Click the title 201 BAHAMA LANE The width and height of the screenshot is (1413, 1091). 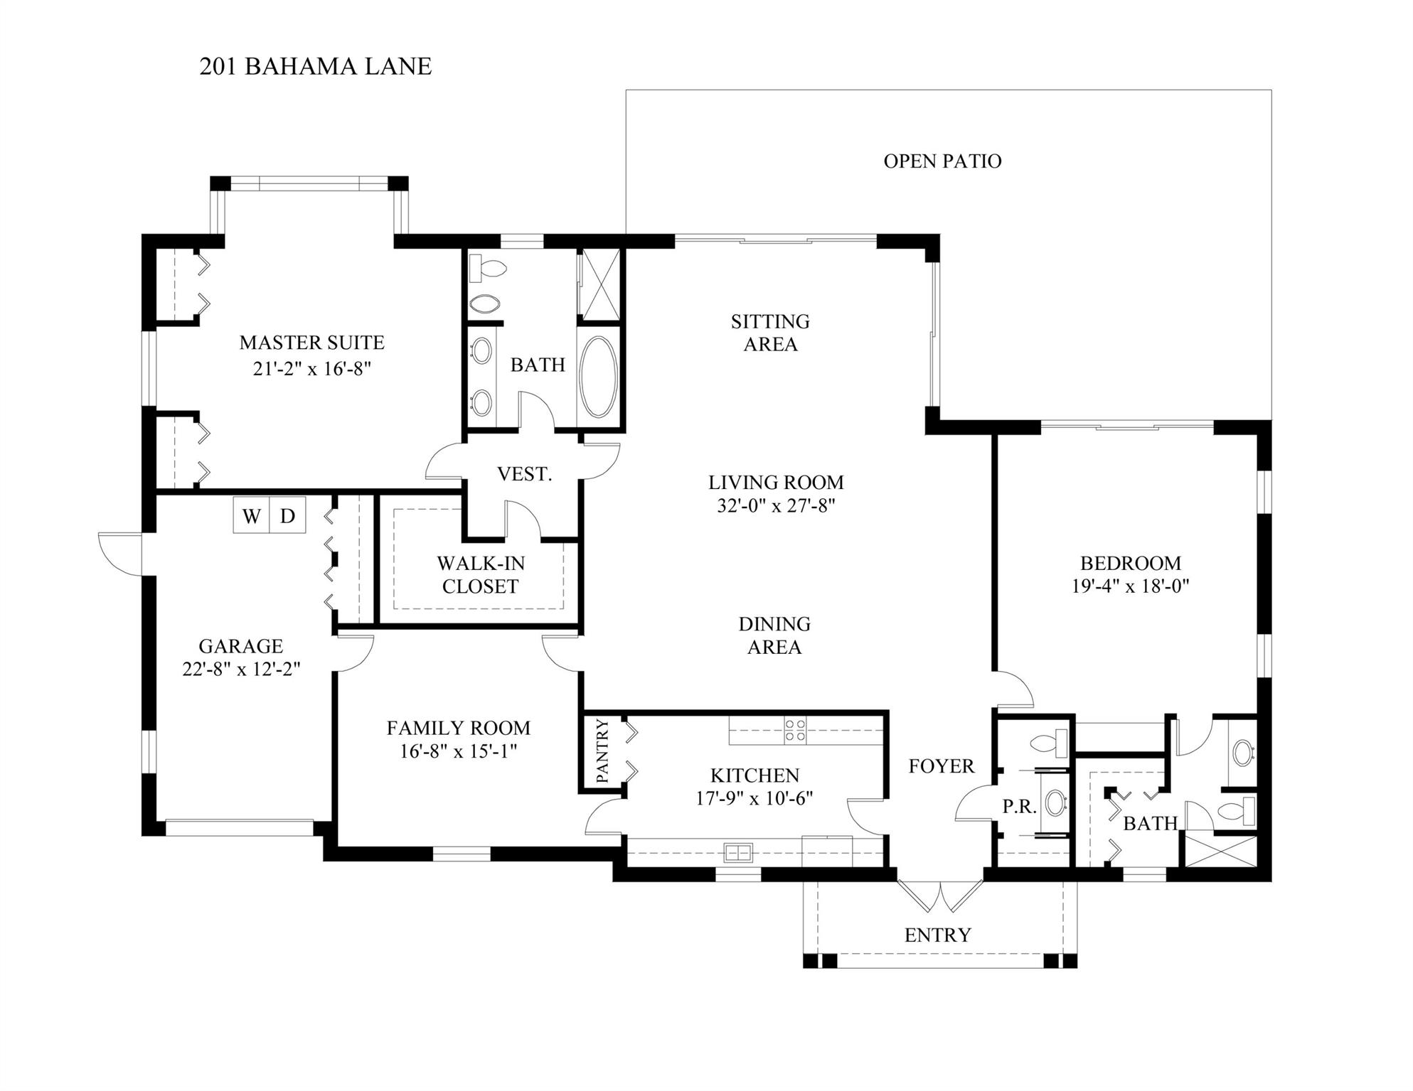315,66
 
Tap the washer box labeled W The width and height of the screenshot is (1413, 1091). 251,515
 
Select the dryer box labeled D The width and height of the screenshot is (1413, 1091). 287,515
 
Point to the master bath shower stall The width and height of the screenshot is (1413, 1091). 599,283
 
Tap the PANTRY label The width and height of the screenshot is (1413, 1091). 602,751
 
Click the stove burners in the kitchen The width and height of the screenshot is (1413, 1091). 795,731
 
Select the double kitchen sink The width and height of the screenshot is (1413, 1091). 739,851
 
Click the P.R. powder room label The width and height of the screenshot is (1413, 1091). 1019,807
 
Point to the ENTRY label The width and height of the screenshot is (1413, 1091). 937,935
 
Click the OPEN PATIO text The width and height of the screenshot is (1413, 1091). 942,161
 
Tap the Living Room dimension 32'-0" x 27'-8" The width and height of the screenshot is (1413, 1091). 775,506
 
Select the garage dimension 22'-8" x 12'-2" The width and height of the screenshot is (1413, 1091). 241,669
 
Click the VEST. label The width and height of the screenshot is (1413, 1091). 524,474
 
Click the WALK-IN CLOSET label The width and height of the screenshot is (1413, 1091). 481,575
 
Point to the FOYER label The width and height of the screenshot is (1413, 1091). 941,766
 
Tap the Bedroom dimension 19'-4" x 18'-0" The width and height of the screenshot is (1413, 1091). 1130,586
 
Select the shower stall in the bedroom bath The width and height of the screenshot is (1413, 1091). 1218,850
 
